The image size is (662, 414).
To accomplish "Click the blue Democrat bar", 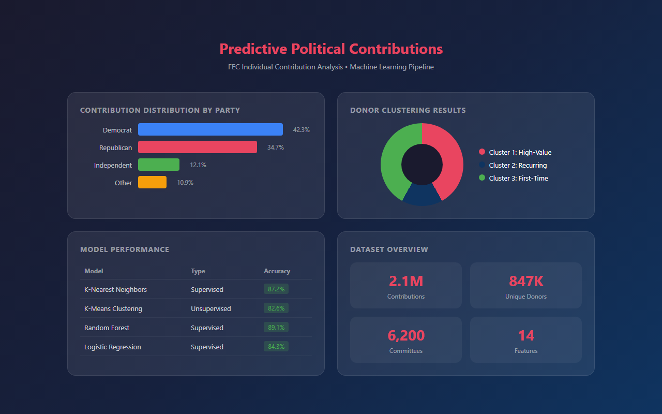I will coord(210,129).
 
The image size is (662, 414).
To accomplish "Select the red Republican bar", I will coord(197,147).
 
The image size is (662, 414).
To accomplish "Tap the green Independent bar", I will coord(158,165).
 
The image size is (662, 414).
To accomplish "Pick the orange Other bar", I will coord(152,182).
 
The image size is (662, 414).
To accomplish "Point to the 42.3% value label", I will coord(301,130).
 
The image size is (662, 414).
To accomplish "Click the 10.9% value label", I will coord(185,183).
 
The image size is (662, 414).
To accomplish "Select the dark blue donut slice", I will coord(422,196).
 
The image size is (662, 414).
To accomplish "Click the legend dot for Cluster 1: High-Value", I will coord(482,152).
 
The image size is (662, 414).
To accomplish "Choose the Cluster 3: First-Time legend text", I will coord(518,178).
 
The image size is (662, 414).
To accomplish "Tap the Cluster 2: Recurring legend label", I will coord(518,165).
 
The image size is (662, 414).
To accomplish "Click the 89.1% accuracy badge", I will coord(276,328).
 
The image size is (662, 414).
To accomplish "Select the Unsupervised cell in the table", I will coord(210,308).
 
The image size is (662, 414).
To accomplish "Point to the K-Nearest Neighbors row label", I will coord(115,289).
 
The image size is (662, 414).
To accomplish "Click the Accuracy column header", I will coord(277,271).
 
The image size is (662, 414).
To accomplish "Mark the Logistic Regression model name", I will coord(112,347).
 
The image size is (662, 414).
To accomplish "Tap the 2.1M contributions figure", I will coord(405,281).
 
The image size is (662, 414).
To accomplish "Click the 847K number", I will coord(525,281).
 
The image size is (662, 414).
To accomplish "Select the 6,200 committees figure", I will coord(405,335).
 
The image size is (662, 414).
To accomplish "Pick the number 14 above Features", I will coord(525,335).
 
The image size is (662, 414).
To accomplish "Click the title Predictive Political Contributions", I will coord(331,49).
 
